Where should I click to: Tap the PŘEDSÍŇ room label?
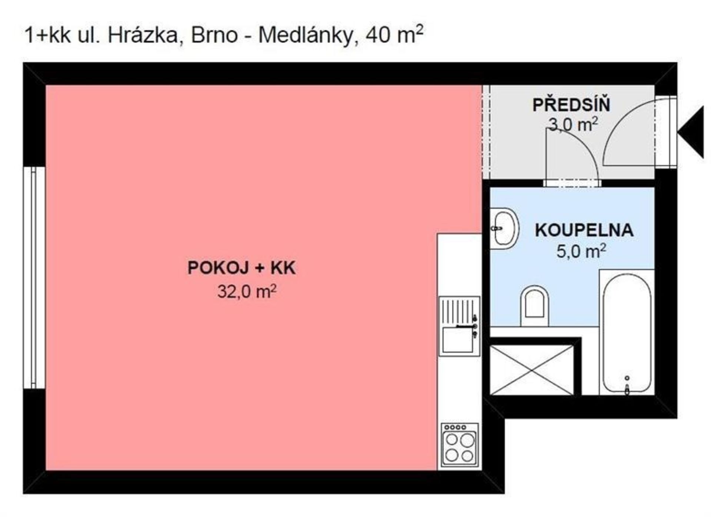coord(571,105)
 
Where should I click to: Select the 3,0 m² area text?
coord(573,124)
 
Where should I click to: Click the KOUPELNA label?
coord(584,230)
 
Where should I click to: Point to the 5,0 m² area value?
coord(581,251)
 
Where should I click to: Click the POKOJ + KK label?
coord(241,268)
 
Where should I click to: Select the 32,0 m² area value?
coord(247,291)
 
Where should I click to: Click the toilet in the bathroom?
coord(534,306)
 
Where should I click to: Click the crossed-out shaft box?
coord(532,370)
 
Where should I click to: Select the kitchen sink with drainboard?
coord(460,326)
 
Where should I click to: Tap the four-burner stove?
coord(460,445)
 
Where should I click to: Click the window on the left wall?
coord(34,278)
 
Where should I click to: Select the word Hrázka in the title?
coord(143,36)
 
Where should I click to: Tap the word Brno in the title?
coord(214,36)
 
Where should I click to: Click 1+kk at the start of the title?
coord(47,36)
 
